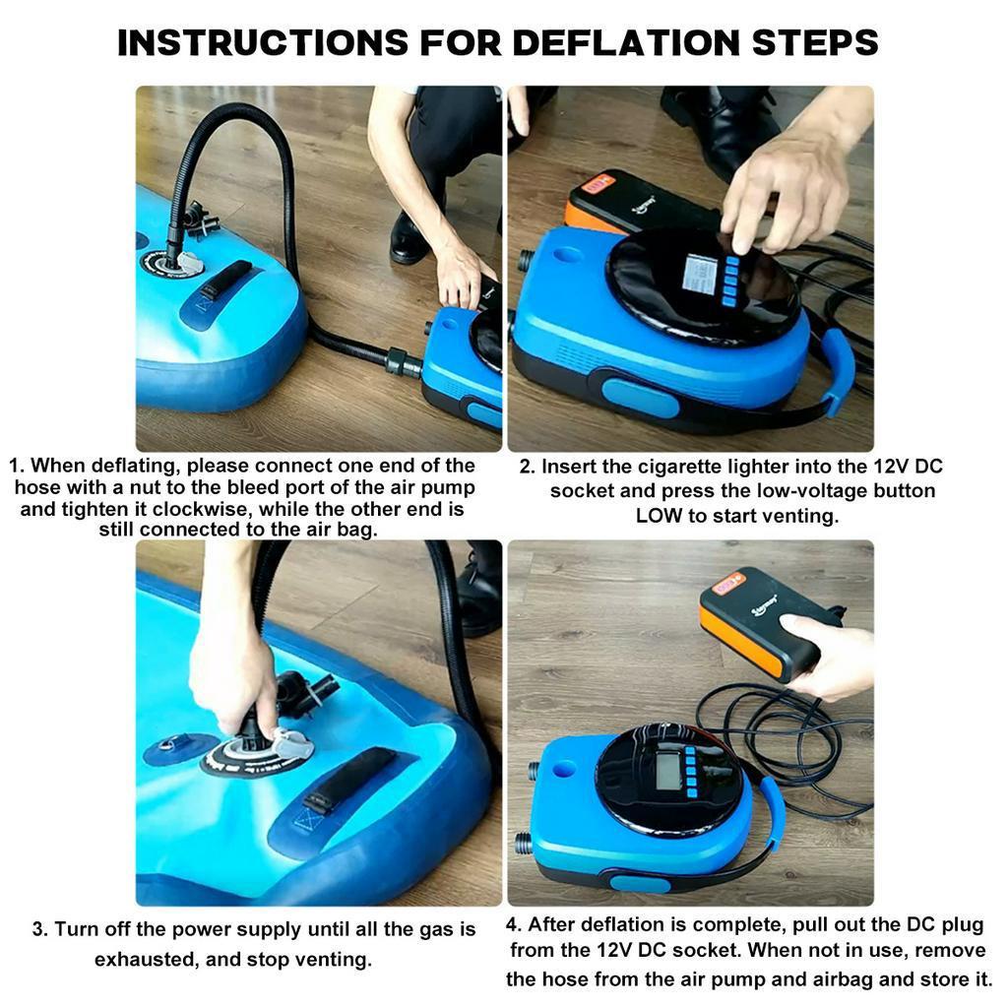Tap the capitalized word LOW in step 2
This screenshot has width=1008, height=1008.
659,515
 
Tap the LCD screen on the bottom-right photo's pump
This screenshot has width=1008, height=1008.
668,770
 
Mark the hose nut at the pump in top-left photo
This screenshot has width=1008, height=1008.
402,361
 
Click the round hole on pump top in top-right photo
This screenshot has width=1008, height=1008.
566,255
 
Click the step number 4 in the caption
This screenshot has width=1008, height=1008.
513,924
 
